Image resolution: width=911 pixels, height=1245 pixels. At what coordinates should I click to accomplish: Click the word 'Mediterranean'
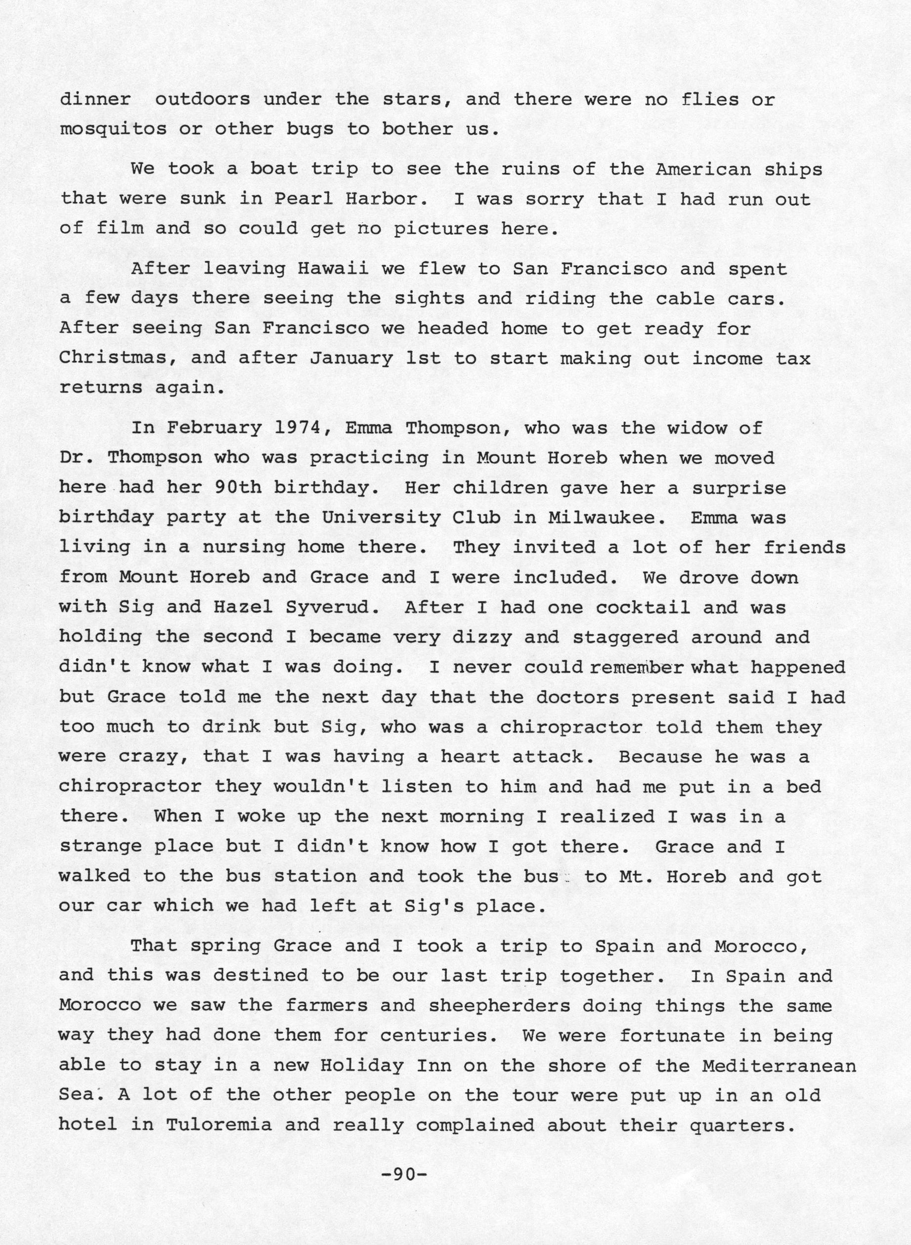(x=779, y=1065)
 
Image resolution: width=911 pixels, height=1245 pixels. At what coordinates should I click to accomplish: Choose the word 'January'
(x=351, y=358)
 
